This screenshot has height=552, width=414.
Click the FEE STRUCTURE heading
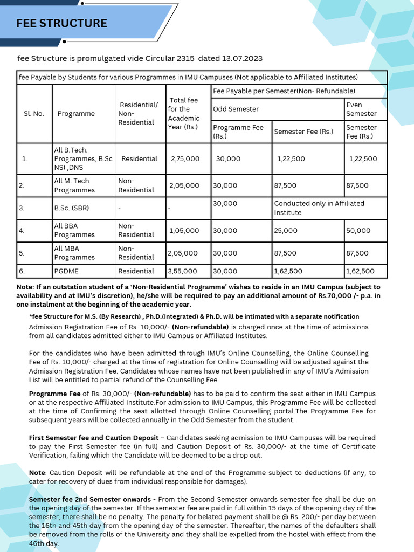pyautogui.click(x=61, y=23)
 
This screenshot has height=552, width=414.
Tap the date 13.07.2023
pyautogui.click(x=241, y=58)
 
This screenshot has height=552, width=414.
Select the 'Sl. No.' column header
pyautogui.click(x=33, y=114)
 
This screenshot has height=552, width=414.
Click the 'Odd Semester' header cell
pyautogui.click(x=236, y=109)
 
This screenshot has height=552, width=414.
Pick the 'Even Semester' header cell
pyautogui.click(x=361, y=109)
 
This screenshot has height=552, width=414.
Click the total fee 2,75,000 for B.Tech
pyautogui.click(x=185, y=158)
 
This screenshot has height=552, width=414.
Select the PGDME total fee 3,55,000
pyautogui.click(x=182, y=271)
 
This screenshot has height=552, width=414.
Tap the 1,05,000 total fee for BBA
pyautogui.click(x=184, y=230)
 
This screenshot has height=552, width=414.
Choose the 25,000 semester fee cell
pyautogui.click(x=286, y=230)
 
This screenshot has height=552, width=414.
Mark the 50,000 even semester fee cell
pyautogui.click(x=358, y=230)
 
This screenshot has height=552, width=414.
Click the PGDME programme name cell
pyautogui.click(x=66, y=271)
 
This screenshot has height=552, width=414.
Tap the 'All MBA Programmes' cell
pyautogui.click(x=74, y=253)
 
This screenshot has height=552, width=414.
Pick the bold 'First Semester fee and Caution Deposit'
pyautogui.click(x=94, y=438)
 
